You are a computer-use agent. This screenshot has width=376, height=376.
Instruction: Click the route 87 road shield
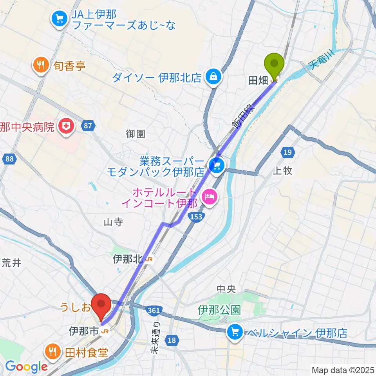pyautogui.click(x=88, y=126)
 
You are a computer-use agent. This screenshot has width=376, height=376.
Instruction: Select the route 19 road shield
pyautogui.click(x=287, y=152)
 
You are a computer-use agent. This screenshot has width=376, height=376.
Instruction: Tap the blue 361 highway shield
pyautogui.click(x=153, y=311)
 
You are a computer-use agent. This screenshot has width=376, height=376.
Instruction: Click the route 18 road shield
pyautogui.click(x=172, y=341)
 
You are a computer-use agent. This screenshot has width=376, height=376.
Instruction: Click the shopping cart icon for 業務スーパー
pyautogui.click(x=216, y=166)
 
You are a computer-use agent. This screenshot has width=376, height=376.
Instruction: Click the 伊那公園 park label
pyautogui.click(x=219, y=310)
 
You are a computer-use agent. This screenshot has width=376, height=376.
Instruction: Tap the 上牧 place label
pyautogui.click(x=282, y=171)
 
